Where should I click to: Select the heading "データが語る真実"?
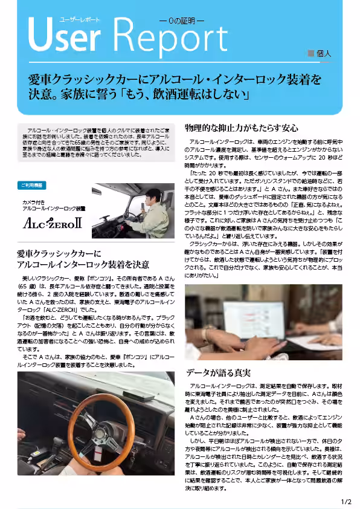click(x=218, y=372)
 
